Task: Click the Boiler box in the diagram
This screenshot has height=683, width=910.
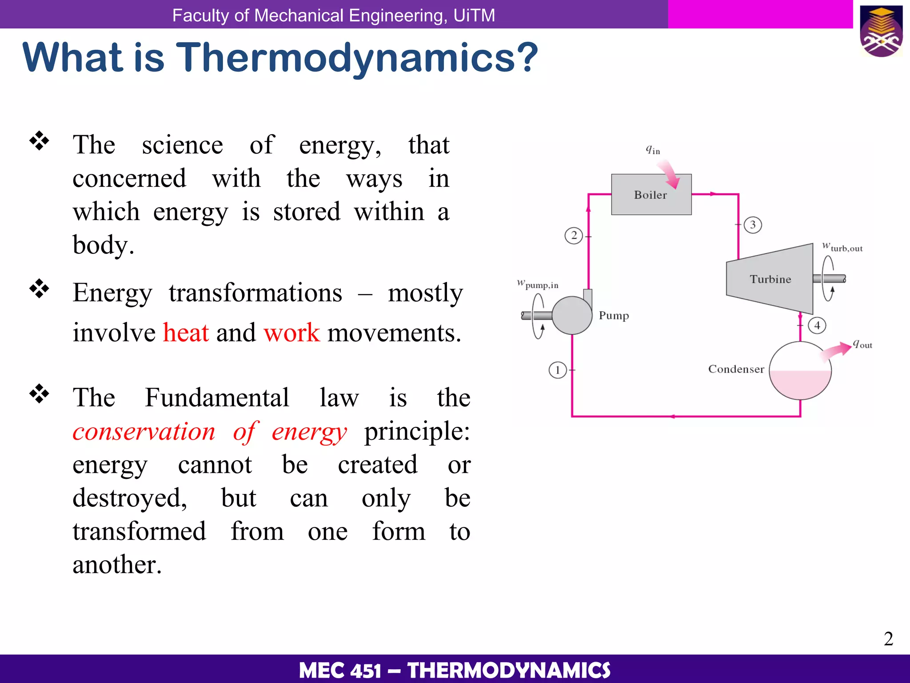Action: pyautogui.click(x=651, y=194)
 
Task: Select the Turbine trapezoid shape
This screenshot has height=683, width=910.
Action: pyautogui.click(x=770, y=279)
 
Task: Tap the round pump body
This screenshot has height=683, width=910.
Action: pyautogui.click(x=571, y=315)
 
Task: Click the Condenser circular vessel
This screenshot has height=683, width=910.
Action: pyautogui.click(x=800, y=370)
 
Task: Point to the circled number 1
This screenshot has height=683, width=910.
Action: pyautogui.click(x=557, y=370)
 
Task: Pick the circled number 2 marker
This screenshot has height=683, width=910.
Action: pyautogui.click(x=574, y=235)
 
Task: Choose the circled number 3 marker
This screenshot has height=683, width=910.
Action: pyautogui.click(x=753, y=225)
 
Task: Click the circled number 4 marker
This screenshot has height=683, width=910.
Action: pyautogui.click(x=817, y=325)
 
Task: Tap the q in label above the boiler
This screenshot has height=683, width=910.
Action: pyautogui.click(x=653, y=150)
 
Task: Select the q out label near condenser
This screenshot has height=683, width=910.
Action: pyautogui.click(x=862, y=344)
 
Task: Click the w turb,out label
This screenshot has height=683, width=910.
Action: pyautogui.click(x=842, y=247)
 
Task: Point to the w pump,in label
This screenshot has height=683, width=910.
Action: pyautogui.click(x=538, y=284)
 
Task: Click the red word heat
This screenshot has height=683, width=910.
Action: pyautogui.click(x=186, y=333)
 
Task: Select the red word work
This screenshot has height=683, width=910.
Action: pyautogui.click(x=291, y=333)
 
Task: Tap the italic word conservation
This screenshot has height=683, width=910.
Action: pyautogui.click(x=144, y=431)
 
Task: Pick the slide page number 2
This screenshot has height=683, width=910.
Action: pyautogui.click(x=888, y=639)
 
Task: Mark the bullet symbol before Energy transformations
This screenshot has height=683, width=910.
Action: pyautogui.click(x=40, y=289)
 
